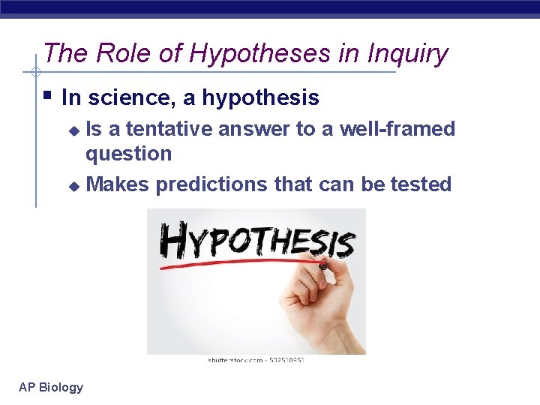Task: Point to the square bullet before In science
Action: coord(47,96)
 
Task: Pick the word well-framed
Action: coord(397,129)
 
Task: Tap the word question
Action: coord(128,154)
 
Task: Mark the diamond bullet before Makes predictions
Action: coord(73,185)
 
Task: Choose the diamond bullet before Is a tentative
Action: coord(73,130)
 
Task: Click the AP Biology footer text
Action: coord(51,387)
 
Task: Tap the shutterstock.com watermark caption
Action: coord(256,360)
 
